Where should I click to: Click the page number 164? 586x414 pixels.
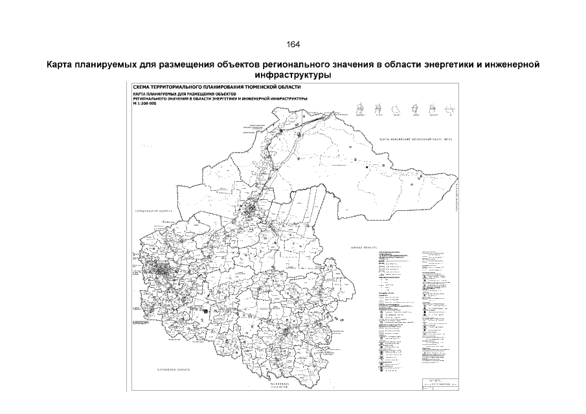[x=293, y=44]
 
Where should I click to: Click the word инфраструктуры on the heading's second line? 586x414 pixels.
[x=293, y=75]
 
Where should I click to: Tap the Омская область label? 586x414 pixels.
[x=363, y=248]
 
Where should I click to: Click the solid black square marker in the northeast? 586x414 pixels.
[x=366, y=167]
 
